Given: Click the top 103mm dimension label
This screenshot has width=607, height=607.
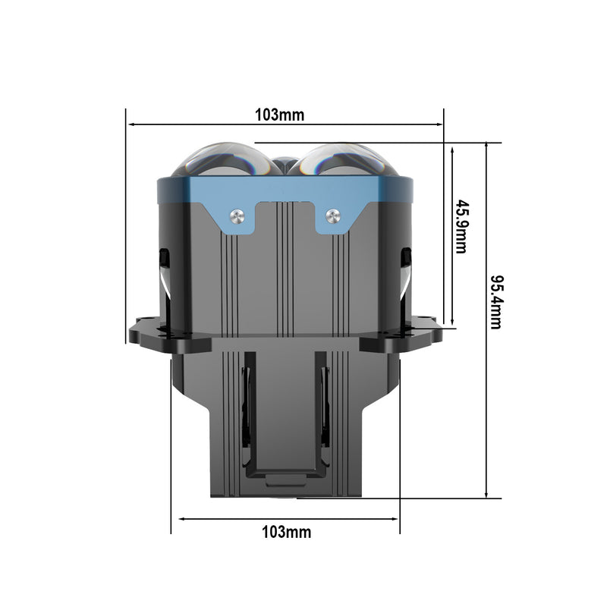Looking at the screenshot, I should pos(279,115).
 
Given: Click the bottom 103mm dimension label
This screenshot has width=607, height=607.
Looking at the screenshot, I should pos(286,532).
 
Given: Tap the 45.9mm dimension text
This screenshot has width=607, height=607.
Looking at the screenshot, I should pos(461,226).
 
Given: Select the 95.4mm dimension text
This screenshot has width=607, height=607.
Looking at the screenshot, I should pos(495,301).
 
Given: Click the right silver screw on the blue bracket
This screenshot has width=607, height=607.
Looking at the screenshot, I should pos(331,215).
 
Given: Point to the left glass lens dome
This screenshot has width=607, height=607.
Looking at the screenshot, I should pos(221,159).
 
